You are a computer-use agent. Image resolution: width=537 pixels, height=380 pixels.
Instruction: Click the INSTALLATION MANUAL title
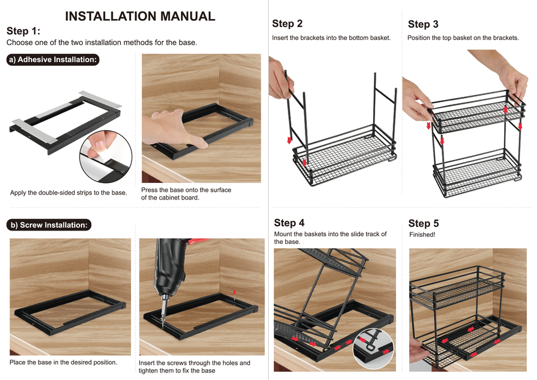click(140, 16)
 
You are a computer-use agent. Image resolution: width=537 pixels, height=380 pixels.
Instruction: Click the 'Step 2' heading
click(287, 23)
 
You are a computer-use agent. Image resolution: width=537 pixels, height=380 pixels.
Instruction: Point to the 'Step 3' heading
click(423, 24)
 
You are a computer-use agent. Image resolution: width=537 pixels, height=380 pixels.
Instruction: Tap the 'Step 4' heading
click(289, 223)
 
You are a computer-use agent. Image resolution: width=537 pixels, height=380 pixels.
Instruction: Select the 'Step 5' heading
click(423, 223)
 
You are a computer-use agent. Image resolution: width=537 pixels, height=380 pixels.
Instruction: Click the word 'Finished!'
click(421, 235)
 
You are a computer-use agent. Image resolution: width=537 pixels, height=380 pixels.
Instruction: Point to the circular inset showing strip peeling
click(106, 155)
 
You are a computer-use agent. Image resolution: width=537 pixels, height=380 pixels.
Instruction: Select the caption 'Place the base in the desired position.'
click(63, 362)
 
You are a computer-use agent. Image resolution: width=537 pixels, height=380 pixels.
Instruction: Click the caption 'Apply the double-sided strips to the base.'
click(68, 193)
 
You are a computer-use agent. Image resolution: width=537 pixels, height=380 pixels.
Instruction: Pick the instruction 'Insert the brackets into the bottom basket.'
click(331, 38)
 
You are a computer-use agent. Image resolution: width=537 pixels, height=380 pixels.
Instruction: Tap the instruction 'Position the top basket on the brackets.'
click(463, 38)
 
